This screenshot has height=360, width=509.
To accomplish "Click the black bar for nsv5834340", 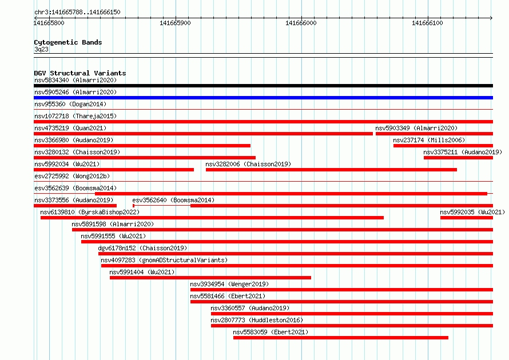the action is coord(263,86).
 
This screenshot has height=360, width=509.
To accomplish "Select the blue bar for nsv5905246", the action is coord(263,98).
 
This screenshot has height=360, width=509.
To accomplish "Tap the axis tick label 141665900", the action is coord(176,23).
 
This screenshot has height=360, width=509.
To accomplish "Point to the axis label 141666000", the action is coord(301,23).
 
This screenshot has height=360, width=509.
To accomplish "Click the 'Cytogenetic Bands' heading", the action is coord(68,42).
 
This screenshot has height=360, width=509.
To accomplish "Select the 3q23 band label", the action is coord(41,49).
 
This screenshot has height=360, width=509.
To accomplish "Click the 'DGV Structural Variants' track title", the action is coord(80,73).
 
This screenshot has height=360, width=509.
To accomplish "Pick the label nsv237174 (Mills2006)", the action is coord(429,140).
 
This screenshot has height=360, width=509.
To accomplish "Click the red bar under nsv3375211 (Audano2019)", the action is coord(458,158).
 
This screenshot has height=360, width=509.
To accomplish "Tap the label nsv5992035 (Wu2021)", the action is coord(472,212).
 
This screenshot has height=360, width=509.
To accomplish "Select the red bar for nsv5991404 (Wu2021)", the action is coord(210,278).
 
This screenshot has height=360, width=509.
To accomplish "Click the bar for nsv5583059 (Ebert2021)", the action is coord(341,338).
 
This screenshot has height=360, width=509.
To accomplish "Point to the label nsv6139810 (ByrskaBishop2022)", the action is coord(90,212).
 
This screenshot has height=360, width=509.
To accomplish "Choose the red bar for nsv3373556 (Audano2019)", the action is coord(75,206).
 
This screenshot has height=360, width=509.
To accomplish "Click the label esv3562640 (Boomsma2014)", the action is coord(173,200).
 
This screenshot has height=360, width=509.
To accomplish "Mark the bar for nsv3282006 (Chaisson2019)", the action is coord(332,170).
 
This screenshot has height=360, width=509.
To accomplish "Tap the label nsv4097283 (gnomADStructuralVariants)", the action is coord(164,260).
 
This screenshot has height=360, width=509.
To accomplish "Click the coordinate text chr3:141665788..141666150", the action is coord(77,13).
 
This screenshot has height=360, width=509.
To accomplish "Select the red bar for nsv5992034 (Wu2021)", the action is coord(114,170).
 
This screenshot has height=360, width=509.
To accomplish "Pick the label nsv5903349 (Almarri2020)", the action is coord(416,128).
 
